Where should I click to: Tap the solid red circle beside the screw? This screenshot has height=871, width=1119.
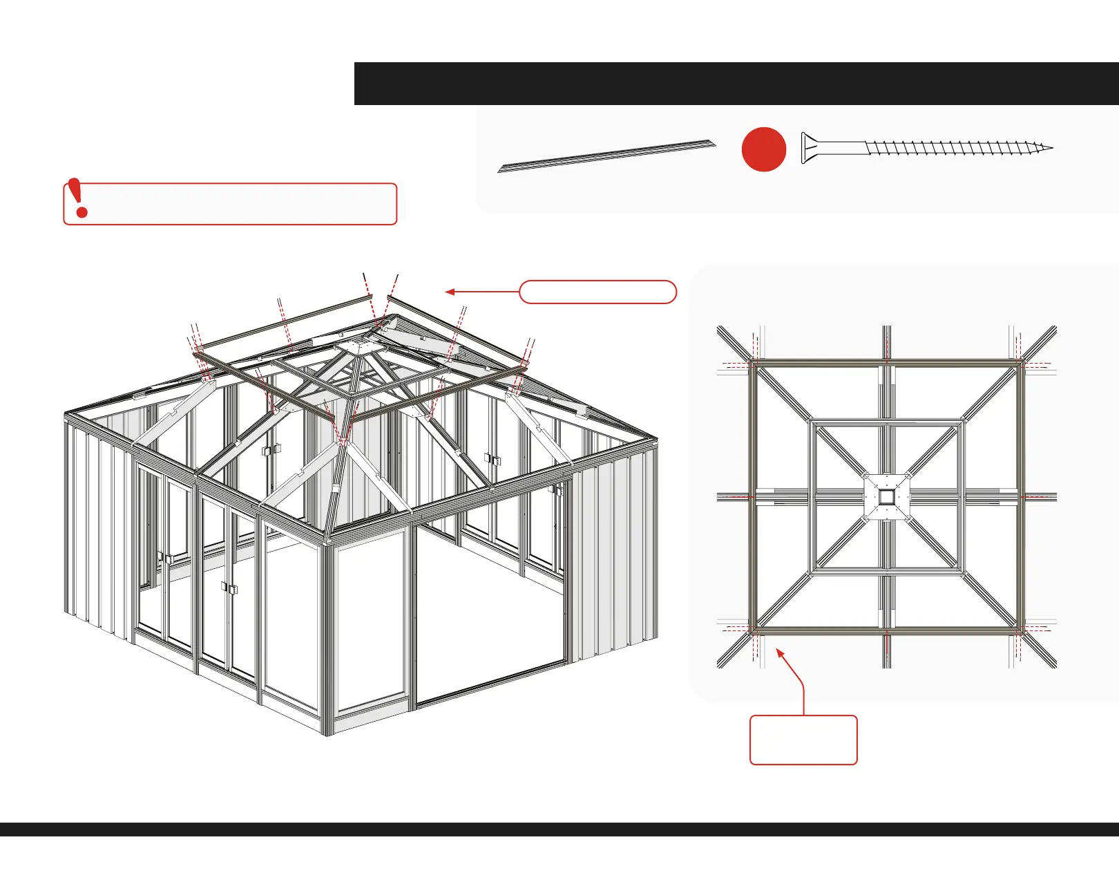tap(763, 149)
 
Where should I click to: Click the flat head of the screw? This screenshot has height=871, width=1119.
tap(805, 148)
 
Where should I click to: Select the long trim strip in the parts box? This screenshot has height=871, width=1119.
tap(606, 156)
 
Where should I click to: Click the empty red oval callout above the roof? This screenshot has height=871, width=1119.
tap(597, 292)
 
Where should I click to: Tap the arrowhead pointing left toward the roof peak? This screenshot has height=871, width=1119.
tap(450, 292)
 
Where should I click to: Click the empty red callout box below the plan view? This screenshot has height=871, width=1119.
tap(803, 740)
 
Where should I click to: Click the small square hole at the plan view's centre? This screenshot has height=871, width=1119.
tap(886, 496)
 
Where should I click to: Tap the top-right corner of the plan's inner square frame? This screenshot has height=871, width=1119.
tap(962, 421)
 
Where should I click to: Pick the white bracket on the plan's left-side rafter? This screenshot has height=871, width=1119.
tap(765, 496)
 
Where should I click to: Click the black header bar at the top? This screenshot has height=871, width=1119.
tap(736, 84)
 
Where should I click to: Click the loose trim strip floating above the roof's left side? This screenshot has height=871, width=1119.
tap(283, 322)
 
